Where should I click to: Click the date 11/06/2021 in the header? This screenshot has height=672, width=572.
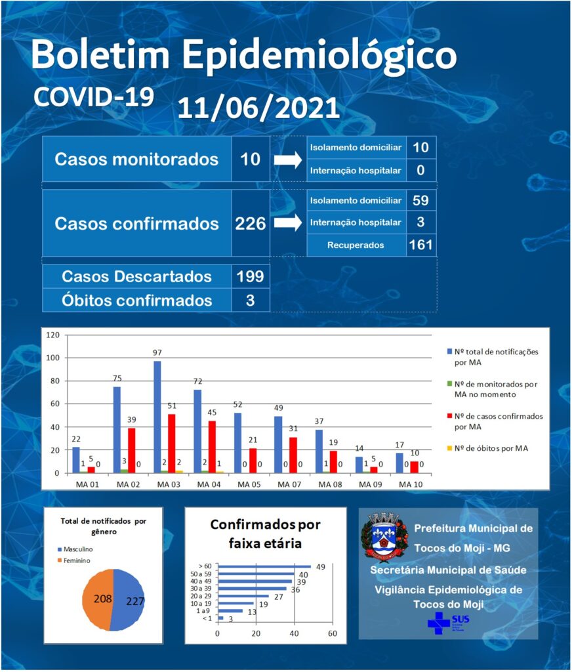click(x=258, y=108)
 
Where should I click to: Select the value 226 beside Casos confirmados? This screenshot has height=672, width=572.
click(x=250, y=224)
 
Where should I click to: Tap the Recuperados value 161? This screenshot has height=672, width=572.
click(x=420, y=245)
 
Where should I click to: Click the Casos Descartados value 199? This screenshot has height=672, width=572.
click(x=250, y=276)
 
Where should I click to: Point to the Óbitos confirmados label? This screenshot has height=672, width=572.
click(x=136, y=301)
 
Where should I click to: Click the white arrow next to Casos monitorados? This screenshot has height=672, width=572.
click(x=288, y=160)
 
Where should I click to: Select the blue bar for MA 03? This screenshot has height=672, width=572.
click(x=157, y=417)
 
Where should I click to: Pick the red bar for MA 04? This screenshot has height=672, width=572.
click(x=212, y=447)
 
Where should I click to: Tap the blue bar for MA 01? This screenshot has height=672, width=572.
click(x=76, y=460)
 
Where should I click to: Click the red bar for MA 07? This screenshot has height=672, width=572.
click(x=293, y=455)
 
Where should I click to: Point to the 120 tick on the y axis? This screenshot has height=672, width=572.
click(x=52, y=335)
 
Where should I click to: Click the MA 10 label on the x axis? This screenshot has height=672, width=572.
click(x=411, y=484)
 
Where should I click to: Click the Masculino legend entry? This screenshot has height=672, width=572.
click(x=75, y=549)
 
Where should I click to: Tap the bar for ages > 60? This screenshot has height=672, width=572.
click(x=265, y=566)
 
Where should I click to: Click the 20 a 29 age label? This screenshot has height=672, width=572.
click(x=201, y=596)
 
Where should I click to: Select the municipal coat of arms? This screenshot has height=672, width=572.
click(x=384, y=536)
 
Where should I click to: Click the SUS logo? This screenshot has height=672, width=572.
click(x=448, y=623)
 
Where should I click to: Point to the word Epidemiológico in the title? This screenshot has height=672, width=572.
click(x=319, y=55)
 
